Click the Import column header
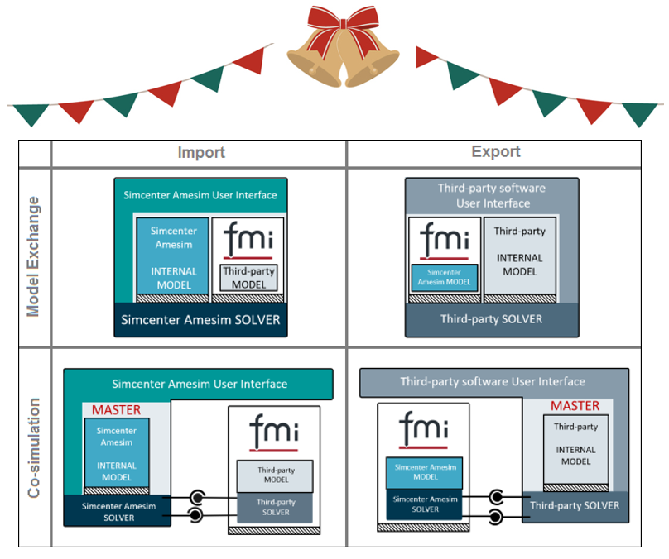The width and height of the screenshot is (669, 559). tap(201, 153)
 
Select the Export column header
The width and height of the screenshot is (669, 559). tap(496, 152)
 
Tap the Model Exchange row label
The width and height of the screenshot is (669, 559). tap(34, 256)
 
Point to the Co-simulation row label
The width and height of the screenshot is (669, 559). tap(34, 447)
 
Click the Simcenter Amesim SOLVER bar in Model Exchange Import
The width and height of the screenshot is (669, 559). tap(201, 320)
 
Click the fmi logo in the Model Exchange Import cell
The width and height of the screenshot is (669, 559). tap(248, 241)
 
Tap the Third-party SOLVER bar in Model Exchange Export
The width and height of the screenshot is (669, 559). tap(492, 319)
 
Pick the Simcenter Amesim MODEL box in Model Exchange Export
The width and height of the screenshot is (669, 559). tap(445, 277)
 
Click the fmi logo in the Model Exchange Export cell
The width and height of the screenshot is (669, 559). tap(445, 240)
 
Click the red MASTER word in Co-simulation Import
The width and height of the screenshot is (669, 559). tap(116, 409)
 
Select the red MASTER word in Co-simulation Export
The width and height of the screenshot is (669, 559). tap(575, 406)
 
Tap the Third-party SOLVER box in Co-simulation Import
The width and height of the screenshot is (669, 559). tap(276, 507)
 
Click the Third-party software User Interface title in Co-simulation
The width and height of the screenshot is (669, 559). tap(493, 382)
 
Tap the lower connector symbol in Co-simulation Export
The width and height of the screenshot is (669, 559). tap(495, 517)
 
